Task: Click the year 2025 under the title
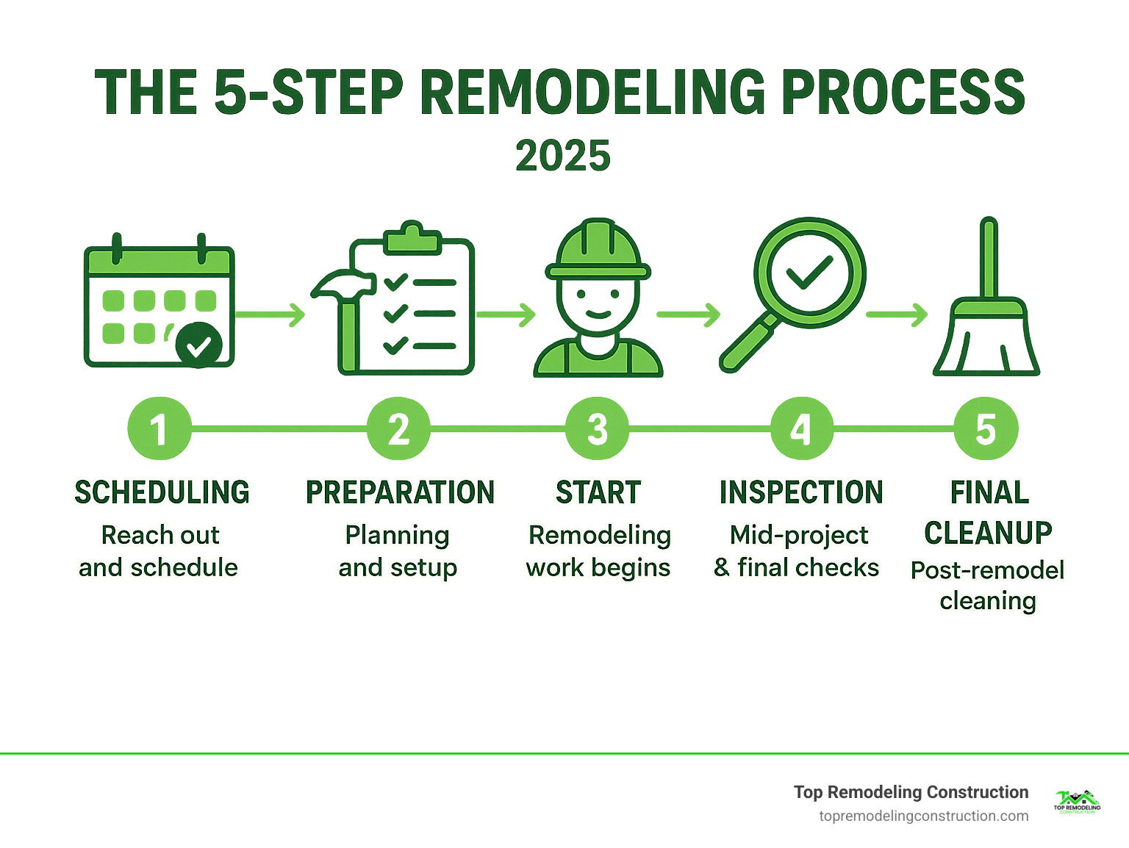coord(563,156)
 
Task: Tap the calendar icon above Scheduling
coord(159,305)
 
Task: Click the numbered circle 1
coord(159,429)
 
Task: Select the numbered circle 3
coord(597,429)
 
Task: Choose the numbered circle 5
coord(986,429)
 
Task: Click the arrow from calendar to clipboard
coord(270,315)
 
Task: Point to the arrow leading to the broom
coord(897,315)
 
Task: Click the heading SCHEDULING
coord(162,492)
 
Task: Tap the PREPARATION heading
coord(400,492)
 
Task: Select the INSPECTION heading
coord(801,492)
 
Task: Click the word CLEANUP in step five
coord(988,533)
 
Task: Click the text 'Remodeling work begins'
coord(599,551)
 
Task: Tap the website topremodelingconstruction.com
coord(923,816)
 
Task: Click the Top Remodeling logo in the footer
coord(1077,801)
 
